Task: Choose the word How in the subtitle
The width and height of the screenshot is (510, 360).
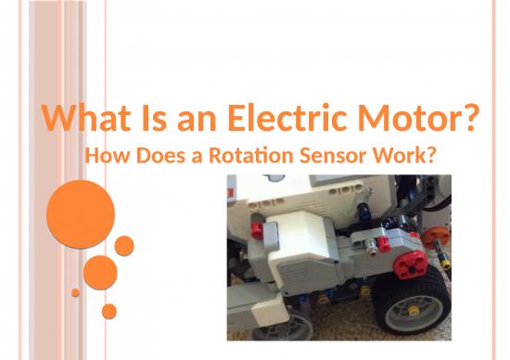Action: click(x=105, y=155)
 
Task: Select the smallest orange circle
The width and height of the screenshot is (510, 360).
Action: click(x=75, y=292)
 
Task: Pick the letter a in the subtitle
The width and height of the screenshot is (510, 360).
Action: click(x=197, y=156)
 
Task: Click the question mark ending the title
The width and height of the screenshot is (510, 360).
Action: click(x=469, y=120)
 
